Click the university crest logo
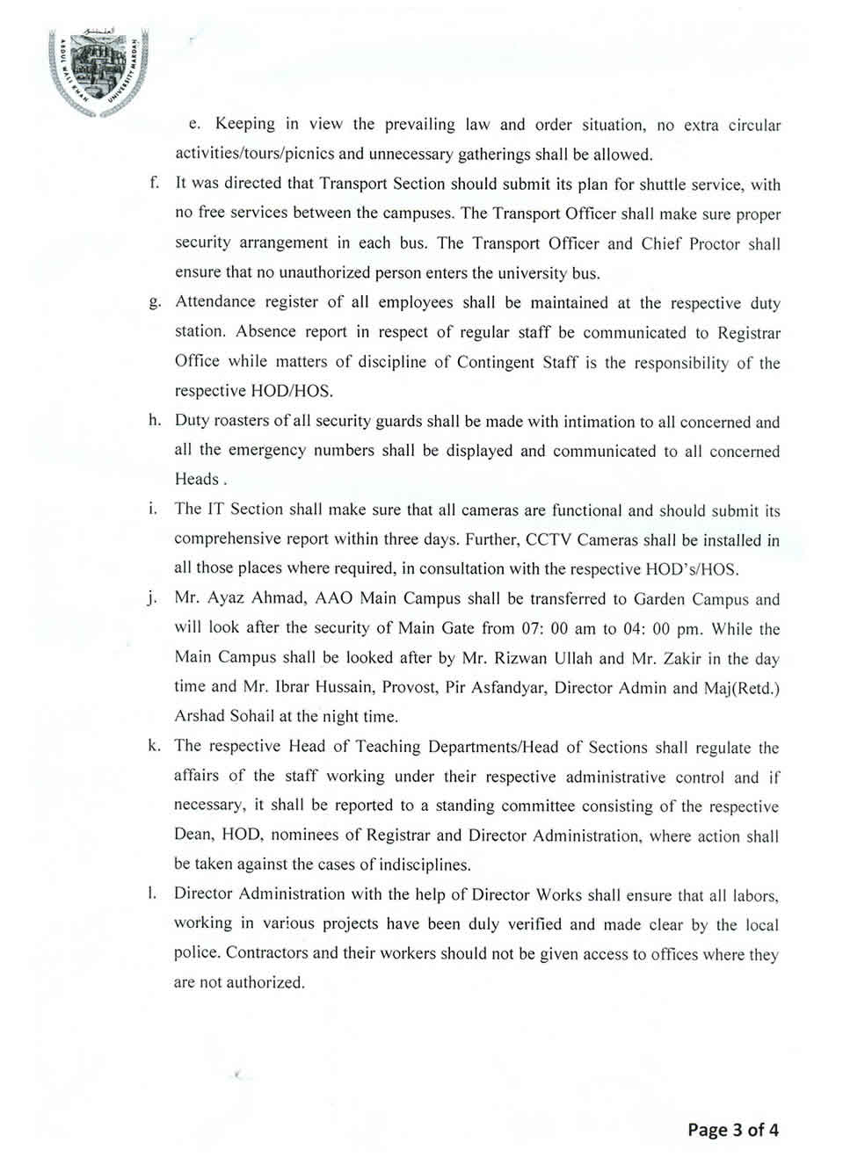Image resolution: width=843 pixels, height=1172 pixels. click(x=98, y=76)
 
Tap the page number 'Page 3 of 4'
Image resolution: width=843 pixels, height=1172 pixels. click(x=733, y=1130)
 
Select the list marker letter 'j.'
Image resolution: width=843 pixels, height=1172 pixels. click(x=154, y=599)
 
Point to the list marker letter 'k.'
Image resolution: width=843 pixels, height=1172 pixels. click(x=155, y=746)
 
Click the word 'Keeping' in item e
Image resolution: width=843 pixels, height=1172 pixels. click(x=245, y=125)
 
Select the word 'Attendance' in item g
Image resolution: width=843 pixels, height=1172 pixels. click(x=214, y=302)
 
